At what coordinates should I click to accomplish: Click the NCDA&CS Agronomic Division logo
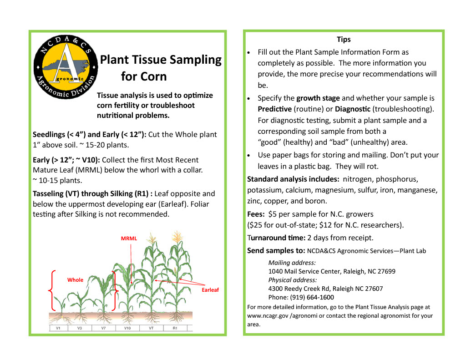coord(66,66)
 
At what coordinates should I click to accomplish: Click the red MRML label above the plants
coord(129,238)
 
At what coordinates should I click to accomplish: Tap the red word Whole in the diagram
coord(75,280)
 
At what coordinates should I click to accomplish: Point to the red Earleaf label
coord(210,290)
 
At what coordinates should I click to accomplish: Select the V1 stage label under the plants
coord(58,328)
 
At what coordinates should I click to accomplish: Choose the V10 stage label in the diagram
coord(127,328)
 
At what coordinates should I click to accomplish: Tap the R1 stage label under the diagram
coord(175,328)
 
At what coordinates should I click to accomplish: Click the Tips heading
coord(344,40)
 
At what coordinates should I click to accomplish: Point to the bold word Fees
coord(256,214)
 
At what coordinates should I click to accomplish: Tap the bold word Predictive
coord(274,109)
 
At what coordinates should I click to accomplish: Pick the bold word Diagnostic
coord(353,109)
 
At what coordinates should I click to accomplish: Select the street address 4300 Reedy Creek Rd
coord(299,289)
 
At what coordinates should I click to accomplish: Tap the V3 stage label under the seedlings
coord(80,328)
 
